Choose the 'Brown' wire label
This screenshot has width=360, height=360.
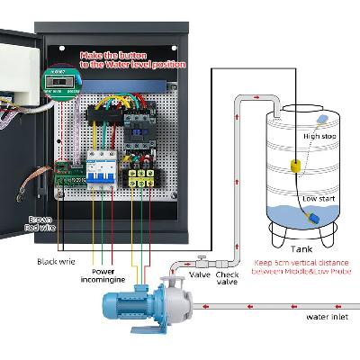click(x=40, y=219)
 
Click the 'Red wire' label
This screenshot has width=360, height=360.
click(x=41, y=229)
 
